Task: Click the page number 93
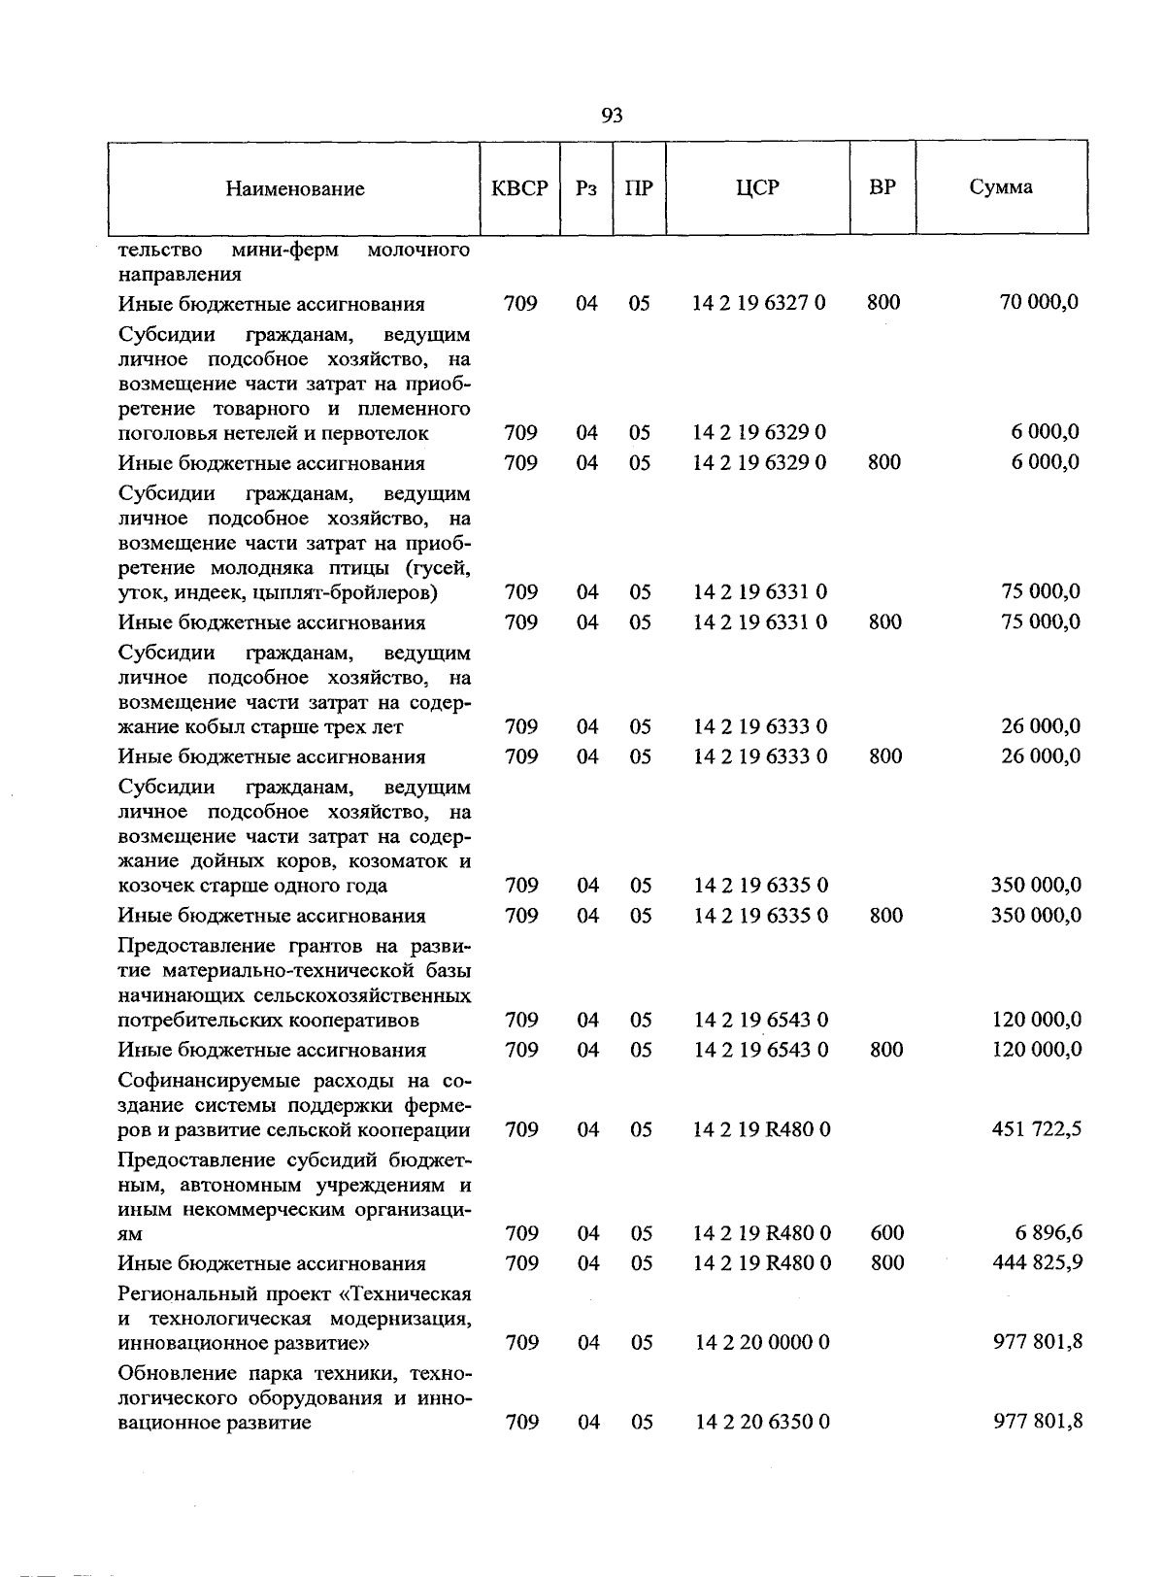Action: coord(612,117)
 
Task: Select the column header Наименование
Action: coord(295,189)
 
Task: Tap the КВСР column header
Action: coord(519,188)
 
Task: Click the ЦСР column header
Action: coord(757,188)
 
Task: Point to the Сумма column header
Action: coord(1001,187)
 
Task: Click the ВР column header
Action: coord(882,187)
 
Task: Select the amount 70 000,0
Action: coord(1039,303)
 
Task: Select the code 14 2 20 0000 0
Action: coord(762,1343)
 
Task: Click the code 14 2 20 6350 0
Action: coord(762,1423)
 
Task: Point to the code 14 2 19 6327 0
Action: coord(759,303)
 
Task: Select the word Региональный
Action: coord(183,1294)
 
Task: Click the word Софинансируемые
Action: coord(203,1081)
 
